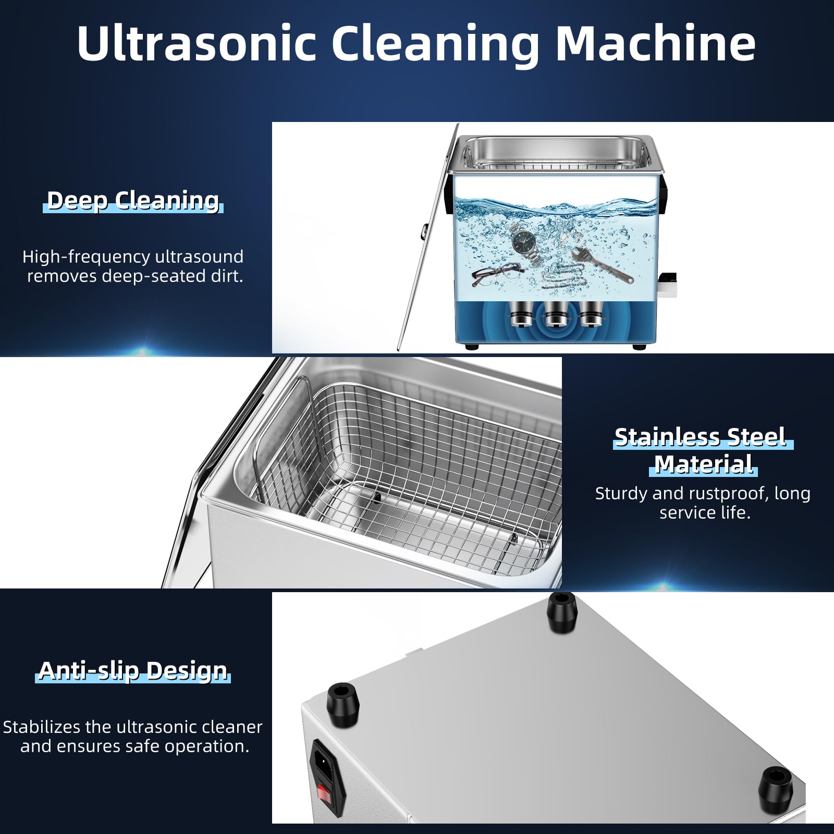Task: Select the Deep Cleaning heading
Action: (133, 201)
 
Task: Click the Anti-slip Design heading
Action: (133, 671)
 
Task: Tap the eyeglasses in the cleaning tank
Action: (496, 274)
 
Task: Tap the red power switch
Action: (324, 794)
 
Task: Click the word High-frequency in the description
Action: (86, 257)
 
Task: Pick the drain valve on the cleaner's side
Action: (667, 285)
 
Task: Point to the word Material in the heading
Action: (703, 464)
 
